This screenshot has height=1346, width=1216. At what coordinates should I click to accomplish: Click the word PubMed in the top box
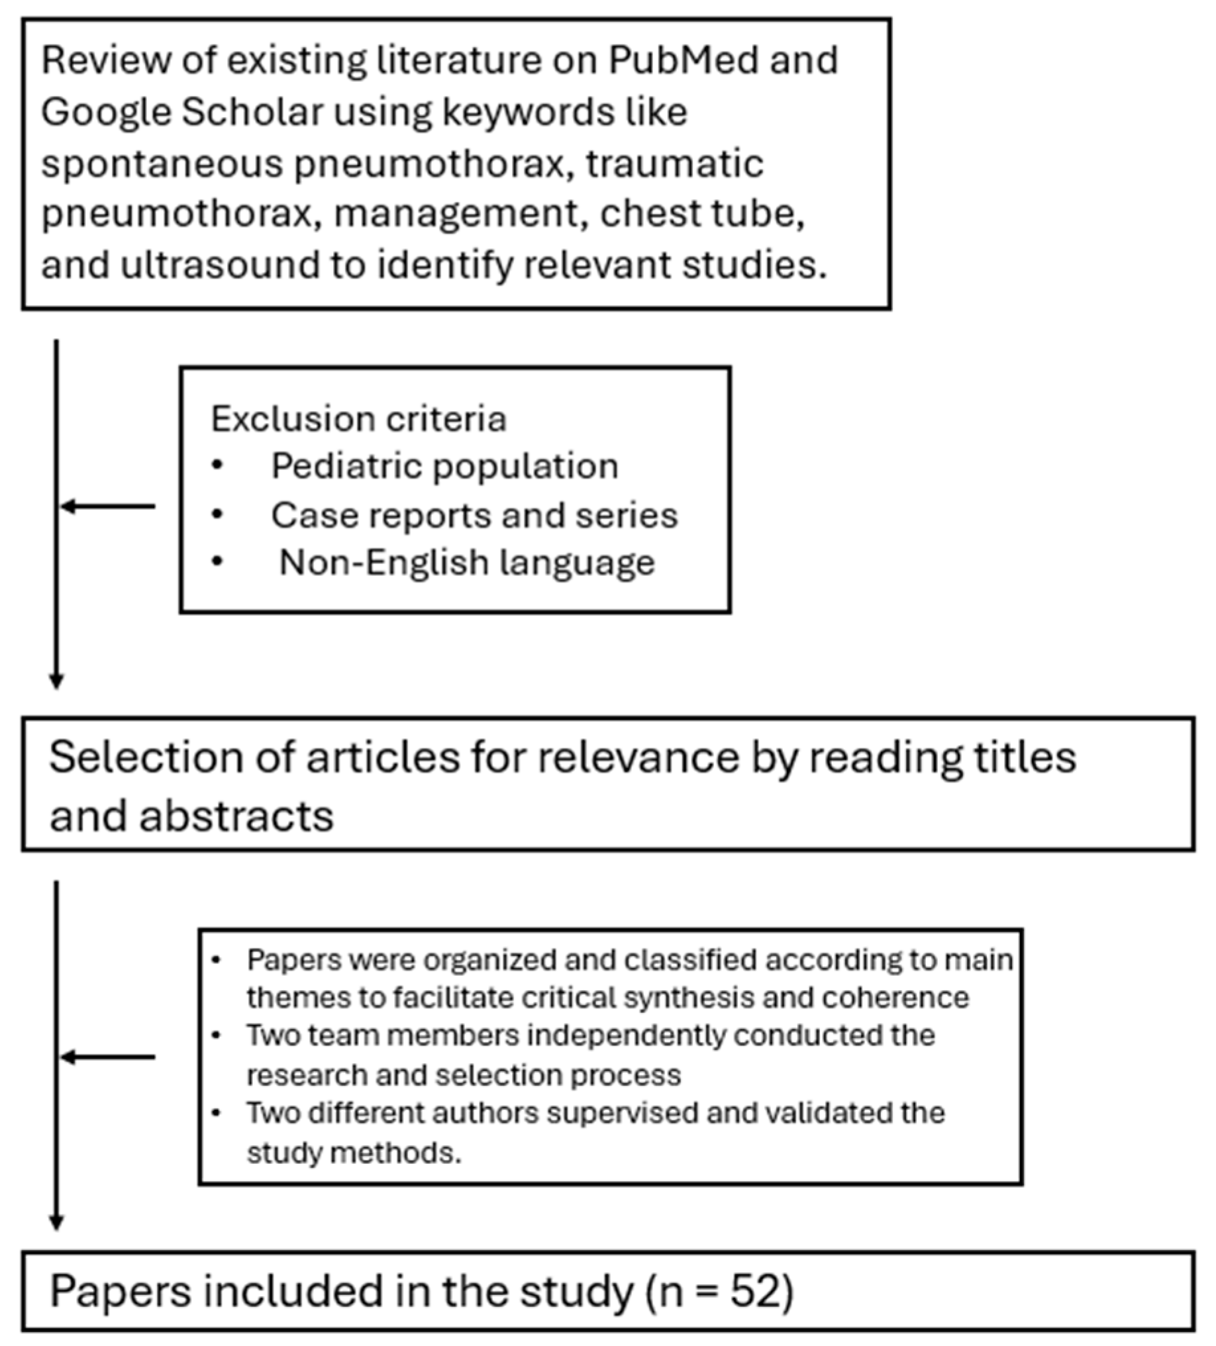[683, 61]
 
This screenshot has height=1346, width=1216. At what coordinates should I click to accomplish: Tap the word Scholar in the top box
[252, 111]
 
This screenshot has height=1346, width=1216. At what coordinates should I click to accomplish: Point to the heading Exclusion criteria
[358, 419]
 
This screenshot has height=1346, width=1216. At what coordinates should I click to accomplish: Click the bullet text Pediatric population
[444, 466]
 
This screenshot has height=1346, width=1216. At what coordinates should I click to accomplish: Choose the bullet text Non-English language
[467, 562]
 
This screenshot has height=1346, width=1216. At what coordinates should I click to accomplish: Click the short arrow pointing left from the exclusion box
[107, 506]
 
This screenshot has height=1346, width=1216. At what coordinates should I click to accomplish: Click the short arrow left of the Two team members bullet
[107, 1057]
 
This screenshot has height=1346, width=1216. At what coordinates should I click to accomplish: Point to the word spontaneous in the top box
[162, 164]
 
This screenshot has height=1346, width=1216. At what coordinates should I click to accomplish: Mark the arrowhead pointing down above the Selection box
[57, 681]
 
